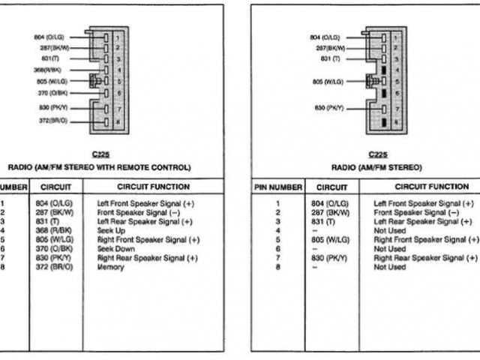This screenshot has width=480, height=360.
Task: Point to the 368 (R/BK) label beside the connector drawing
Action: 51,69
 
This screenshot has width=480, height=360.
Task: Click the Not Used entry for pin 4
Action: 389,230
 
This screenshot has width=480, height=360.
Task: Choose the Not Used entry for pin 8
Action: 389,267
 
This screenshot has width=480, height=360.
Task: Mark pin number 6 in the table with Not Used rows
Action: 277,248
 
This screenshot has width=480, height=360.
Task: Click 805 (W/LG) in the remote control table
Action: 53,239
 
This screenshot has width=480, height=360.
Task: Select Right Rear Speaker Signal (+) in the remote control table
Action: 148,257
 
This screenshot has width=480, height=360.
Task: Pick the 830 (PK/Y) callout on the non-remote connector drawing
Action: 328,107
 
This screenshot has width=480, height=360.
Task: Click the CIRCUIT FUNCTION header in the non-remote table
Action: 432,187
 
